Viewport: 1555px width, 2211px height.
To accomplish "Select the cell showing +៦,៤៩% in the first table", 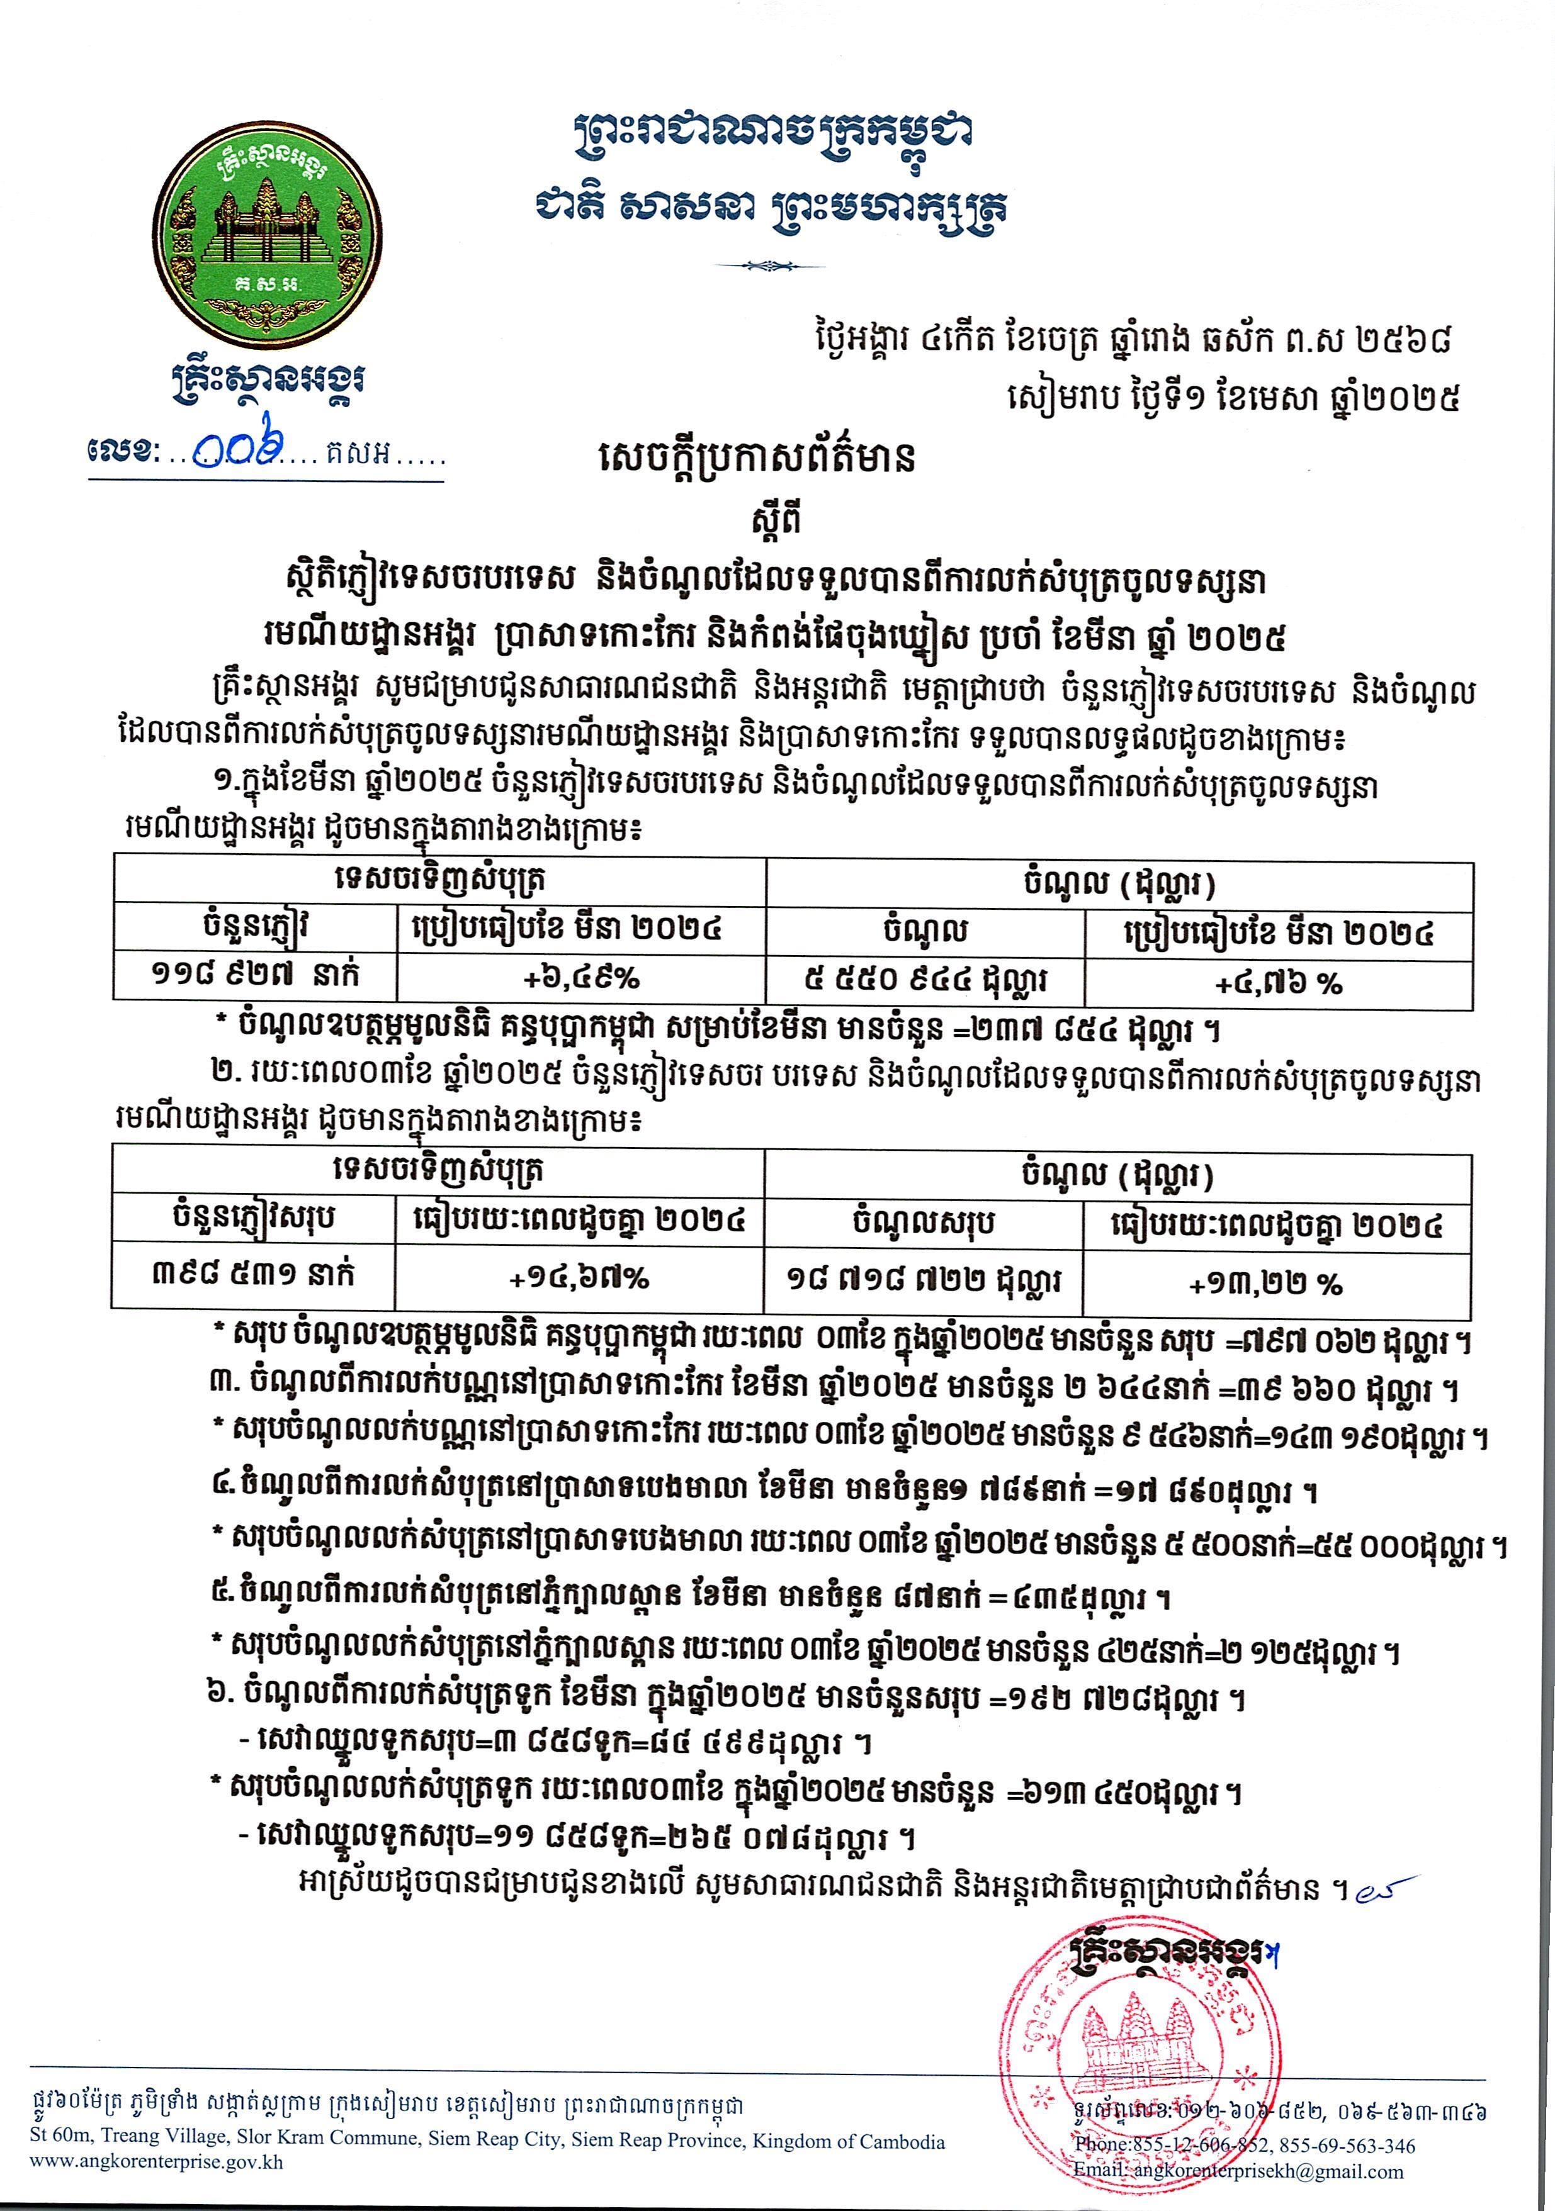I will [581, 978].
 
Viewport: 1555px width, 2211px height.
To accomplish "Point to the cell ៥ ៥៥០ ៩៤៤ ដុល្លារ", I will [925, 980].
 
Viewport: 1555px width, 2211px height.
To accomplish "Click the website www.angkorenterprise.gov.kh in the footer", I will [156, 2188].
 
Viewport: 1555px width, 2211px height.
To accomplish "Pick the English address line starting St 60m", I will [487, 2168].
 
